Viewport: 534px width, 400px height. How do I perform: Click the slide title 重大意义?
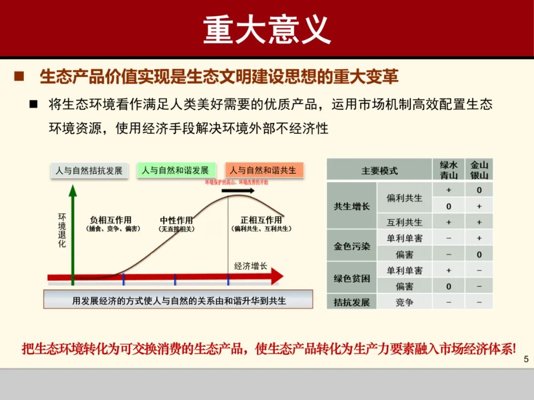pos(267,29)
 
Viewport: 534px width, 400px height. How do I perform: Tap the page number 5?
pos(526,359)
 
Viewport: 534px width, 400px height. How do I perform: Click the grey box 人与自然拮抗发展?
pos(89,170)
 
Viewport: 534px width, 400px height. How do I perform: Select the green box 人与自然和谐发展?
pos(175,170)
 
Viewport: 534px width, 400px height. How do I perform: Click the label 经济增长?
pos(251,266)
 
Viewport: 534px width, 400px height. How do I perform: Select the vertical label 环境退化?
pos(62,230)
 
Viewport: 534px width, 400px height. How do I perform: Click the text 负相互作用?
pos(110,220)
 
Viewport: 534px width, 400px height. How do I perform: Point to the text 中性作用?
pos(176,220)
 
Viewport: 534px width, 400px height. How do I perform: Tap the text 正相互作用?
pos(261,220)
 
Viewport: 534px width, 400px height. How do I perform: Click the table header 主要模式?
pos(379,170)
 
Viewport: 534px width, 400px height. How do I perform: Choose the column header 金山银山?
pos(479,170)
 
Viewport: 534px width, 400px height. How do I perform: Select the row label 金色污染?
pos(352,245)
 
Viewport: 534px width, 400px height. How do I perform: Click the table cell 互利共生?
pos(404,222)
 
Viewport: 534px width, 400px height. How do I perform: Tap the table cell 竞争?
pos(404,302)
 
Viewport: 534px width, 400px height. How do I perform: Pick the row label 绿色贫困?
pos(352,278)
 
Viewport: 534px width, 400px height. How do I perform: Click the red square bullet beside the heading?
pos(19,77)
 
